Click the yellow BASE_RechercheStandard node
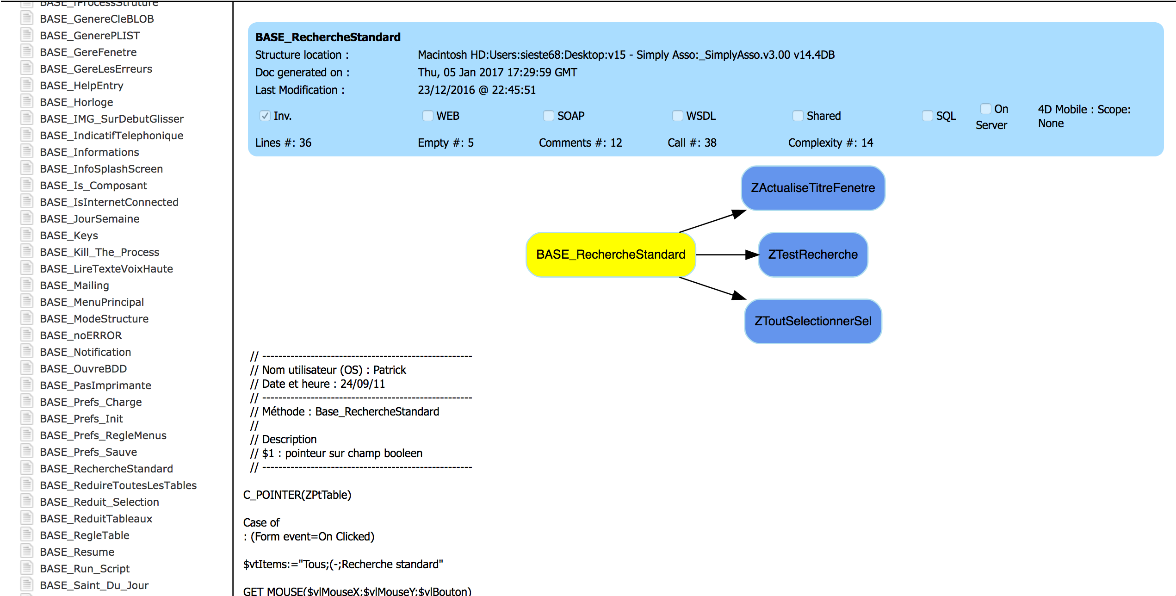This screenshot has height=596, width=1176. (611, 255)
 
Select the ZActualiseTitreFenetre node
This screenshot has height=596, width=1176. (813, 188)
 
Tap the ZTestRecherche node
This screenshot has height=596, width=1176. (813, 255)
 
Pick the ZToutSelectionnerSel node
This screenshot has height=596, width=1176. (813, 321)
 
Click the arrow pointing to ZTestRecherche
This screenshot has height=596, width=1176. (727, 255)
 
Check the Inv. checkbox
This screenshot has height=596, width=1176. (265, 116)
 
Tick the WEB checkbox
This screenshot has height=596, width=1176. (428, 116)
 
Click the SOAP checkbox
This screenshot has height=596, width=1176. (549, 116)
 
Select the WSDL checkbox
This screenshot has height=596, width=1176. (678, 116)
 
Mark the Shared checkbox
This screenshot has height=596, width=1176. (798, 116)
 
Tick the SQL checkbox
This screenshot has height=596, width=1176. (928, 116)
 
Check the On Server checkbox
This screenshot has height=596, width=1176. (986, 109)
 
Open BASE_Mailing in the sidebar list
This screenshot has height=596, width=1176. (74, 286)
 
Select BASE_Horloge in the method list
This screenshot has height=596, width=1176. (76, 102)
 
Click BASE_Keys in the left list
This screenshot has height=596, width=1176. (69, 236)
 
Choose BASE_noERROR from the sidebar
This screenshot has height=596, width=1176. (81, 335)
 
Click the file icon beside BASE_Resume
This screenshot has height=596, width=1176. (27, 551)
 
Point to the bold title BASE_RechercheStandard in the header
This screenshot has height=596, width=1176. (328, 37)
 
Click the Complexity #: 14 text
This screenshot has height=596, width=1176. (831, 143)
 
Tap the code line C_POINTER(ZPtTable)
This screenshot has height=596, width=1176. (297, 495)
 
